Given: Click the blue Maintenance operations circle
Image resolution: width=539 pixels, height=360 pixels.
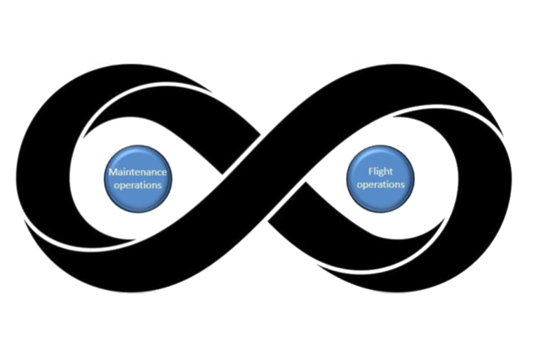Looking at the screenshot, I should click(x=138, y=178).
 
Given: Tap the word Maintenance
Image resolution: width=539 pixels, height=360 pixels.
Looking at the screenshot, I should click(x=138, y=171).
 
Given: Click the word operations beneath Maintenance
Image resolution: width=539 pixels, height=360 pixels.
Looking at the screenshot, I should click(x=138, y=185).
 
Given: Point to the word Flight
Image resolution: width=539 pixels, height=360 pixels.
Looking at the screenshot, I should click(x=380, y=171).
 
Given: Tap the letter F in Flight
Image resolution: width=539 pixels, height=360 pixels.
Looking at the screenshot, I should click(x=371, y=171).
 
